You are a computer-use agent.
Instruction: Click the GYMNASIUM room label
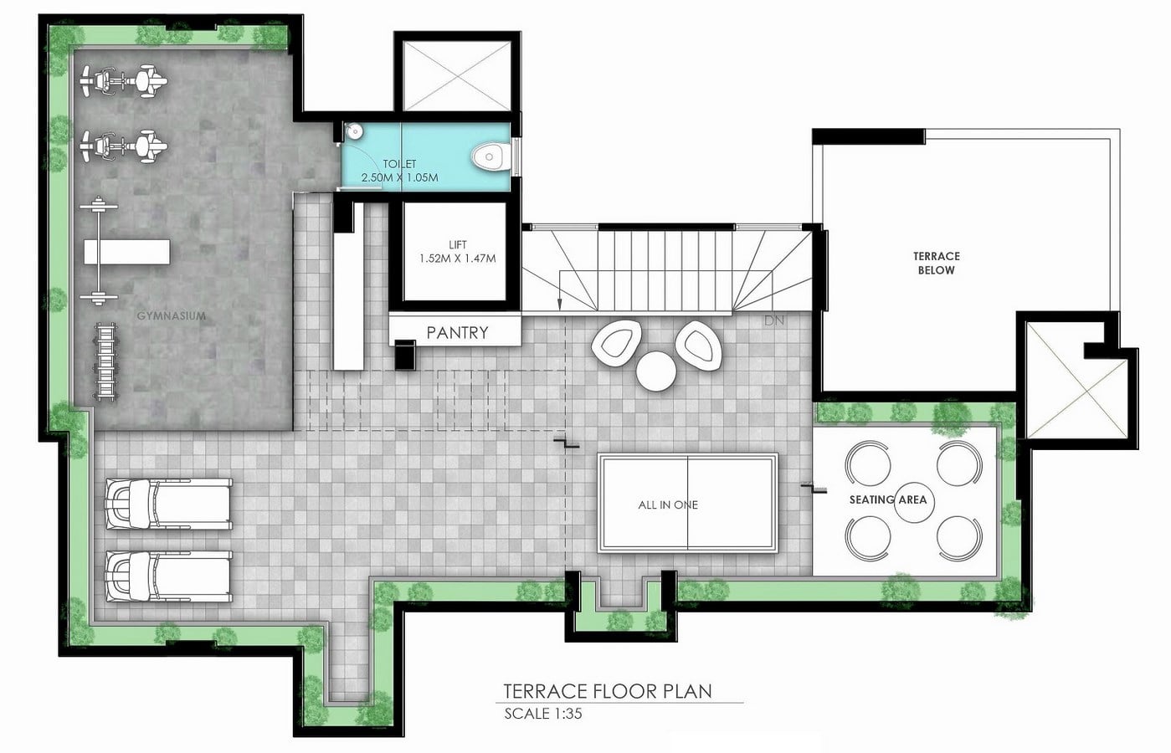[x=171, y=315]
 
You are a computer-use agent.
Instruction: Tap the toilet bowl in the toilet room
[x=490, y=156]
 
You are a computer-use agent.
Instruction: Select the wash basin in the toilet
[x=354, y=131]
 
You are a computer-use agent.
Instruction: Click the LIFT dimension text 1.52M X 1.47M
[x=457, y=259]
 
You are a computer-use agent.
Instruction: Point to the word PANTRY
[x=457, y=332]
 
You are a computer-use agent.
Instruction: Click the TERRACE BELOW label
[x=937, y=263]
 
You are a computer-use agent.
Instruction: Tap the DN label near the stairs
[x=773, y=320]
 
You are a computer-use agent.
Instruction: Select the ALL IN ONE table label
[x=668, y=505]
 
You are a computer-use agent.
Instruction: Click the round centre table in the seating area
[x=914, y=503]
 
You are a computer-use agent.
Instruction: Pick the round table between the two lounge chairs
[x=656, y=371]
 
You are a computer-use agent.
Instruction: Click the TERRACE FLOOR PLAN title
[x=608, y=691]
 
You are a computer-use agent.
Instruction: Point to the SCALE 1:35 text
[x=542, y=714]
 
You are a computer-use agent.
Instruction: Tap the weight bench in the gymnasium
[x=126, y=251]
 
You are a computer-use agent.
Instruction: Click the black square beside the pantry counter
[x=405, y=355]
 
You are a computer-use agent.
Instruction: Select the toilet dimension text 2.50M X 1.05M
[x=400, y=177]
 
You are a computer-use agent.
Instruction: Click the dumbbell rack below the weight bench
[x=105, y=362]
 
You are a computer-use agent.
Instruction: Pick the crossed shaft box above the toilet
[x=457, y=76]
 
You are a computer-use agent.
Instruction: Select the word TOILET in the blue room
[x=399, y=164]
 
